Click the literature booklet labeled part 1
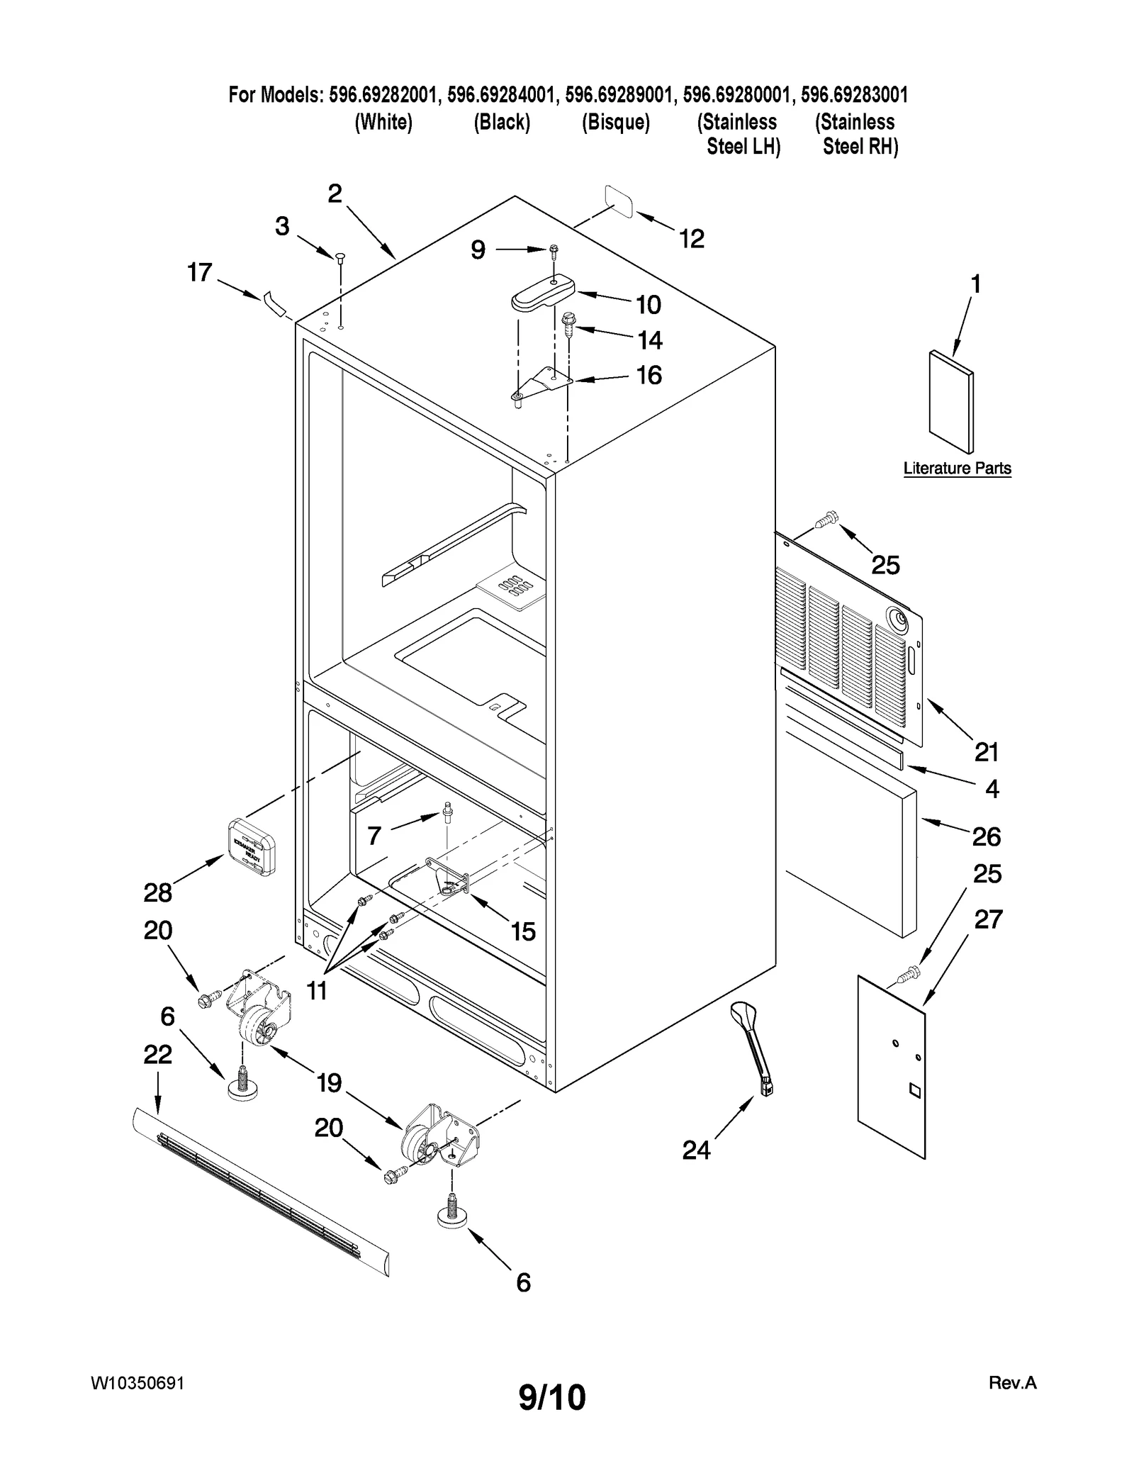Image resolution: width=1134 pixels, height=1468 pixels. (951, 402)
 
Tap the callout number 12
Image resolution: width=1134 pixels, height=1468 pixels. (692, 239)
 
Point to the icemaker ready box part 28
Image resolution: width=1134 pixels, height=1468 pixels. (251, 846)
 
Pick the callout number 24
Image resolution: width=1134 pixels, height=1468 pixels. (696, 1150)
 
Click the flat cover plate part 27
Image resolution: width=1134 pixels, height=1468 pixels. (892, 1068)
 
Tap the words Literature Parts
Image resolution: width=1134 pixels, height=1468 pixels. (957, 468)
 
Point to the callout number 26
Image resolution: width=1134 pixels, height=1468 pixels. (986, 837)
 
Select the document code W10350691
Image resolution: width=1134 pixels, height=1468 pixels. (137, 1384)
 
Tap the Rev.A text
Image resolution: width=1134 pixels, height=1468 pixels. (1012, 1383)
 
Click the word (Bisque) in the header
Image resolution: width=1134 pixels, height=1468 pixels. (615, 123)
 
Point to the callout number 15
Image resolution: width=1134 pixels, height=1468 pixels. (523, 931)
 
